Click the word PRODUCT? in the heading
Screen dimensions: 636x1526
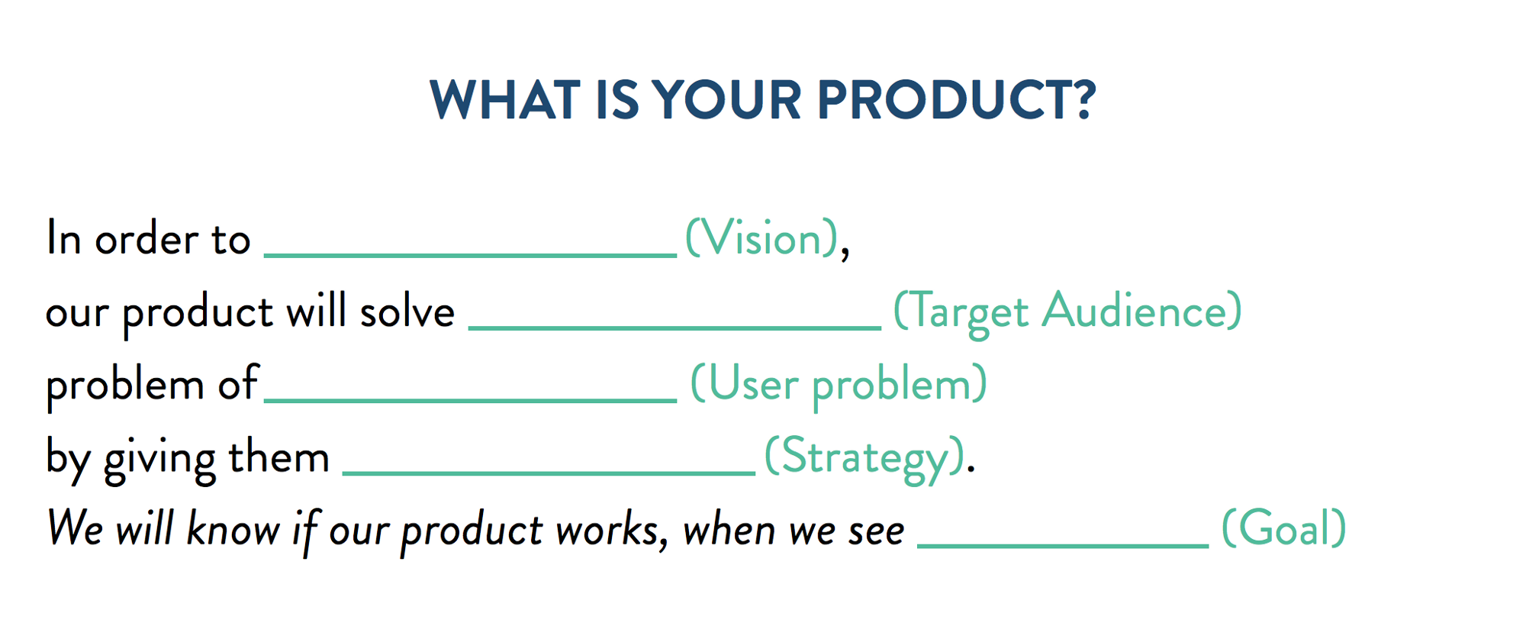click(x=957, y=100)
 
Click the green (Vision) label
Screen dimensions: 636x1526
click(x=762, y=238)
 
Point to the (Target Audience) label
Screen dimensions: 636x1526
click(x=1067, y=312)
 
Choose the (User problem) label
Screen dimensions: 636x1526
click(x=838, y=384)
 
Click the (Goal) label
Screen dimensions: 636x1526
click(x=1283, y=528)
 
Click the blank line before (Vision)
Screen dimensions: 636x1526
click(x=470, y=254)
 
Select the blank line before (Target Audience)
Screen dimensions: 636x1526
click(x=674, y=327)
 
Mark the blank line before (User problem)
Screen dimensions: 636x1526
click(x=470, y=399)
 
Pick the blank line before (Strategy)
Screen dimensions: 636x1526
click(x=549, y=473)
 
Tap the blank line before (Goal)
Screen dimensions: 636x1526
click(x=1062, y=545)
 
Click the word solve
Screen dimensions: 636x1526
click(x=407, y=312)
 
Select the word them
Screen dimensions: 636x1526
click(x=278, y=457)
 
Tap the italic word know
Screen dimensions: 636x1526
click(x=233, y=528)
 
